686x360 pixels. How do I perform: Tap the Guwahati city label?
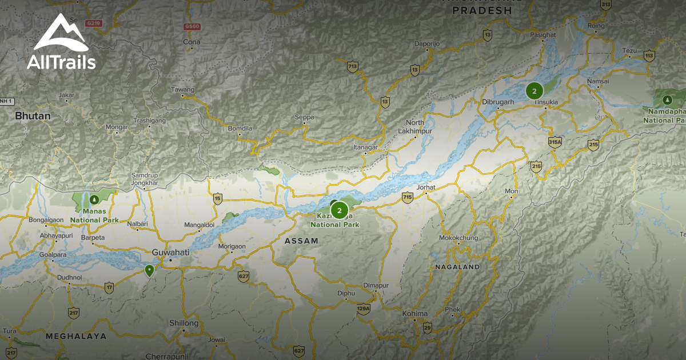coord(171,252)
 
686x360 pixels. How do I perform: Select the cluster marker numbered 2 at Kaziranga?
coord(340,210)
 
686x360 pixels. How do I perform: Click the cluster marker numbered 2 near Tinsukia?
coord(535,91)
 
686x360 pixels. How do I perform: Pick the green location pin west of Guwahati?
coord(150,270)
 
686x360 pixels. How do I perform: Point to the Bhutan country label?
coord(33,116)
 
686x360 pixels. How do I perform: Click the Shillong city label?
coord(184,323)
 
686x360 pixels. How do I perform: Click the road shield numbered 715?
coord(407,198)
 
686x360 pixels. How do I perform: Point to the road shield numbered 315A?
coord(555,142)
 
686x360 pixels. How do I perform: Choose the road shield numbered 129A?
coord(364,309)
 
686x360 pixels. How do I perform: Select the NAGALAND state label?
coord(457,267)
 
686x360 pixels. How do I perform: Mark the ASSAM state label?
coord(301,241)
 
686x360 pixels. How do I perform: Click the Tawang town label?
coord(184,90)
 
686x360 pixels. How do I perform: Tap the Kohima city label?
coord(415,314)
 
